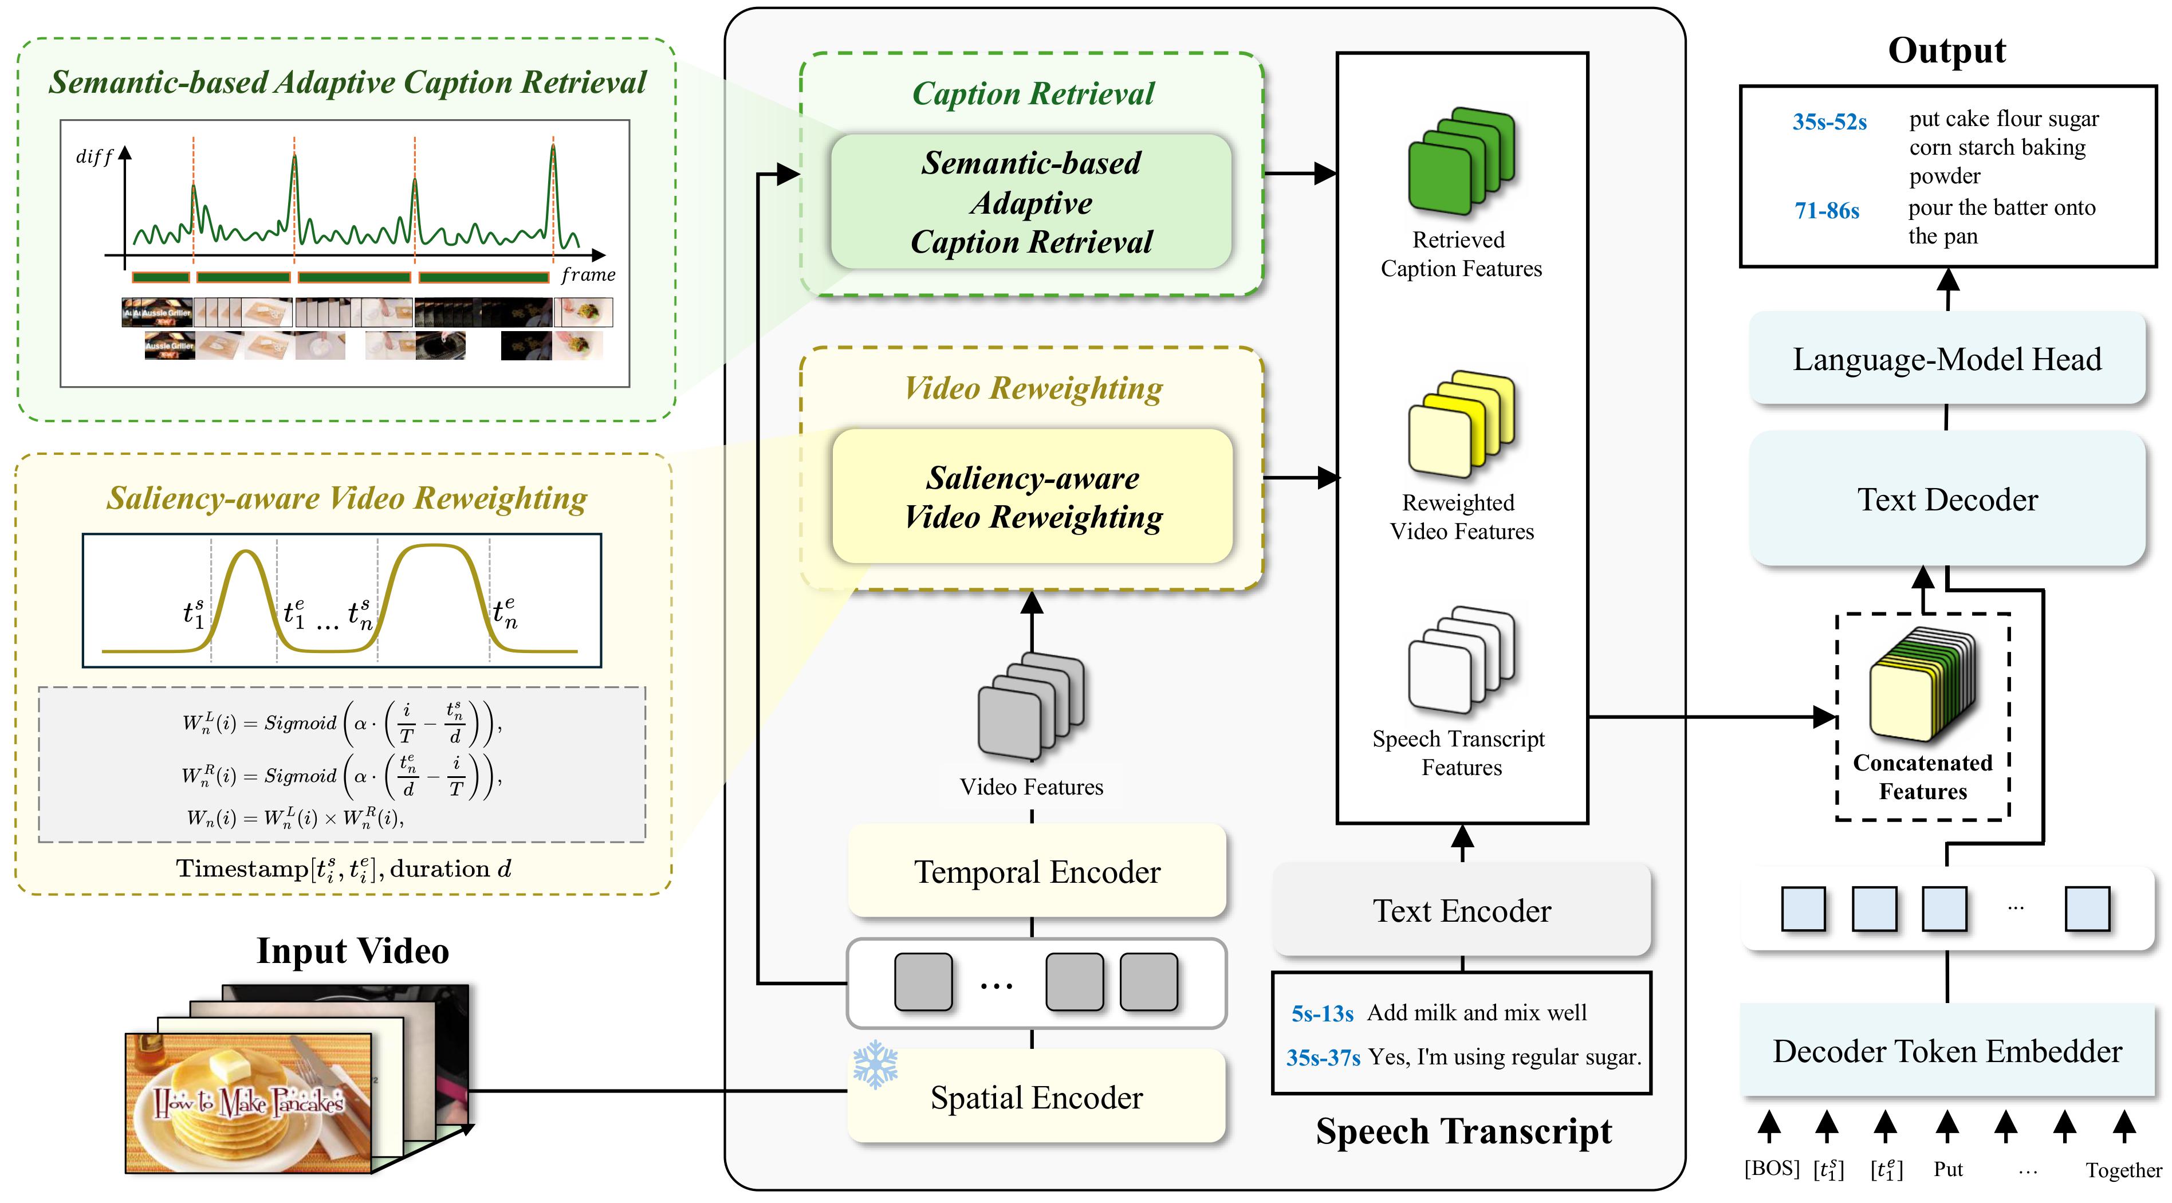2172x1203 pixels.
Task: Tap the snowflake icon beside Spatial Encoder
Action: click(x=875, y=1064)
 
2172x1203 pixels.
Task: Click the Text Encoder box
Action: click(x=1461, y=910)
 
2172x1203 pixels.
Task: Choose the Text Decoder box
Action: click(x=1947, y=499)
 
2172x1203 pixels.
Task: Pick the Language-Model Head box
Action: click(x=1947, y=359)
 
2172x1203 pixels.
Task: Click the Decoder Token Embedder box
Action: click(x=1947, y=1051)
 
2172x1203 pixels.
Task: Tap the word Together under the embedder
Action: click(x=2123, y=1170)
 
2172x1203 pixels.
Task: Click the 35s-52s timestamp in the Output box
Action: click(x=1829, y=122)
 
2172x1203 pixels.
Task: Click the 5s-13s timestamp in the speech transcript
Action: click(x=1322, y=1013)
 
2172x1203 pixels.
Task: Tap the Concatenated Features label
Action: click(x=1922, y=776)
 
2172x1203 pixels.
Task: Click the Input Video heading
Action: click(x=352, y=951)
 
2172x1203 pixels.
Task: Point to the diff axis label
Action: click(x=93, y=157)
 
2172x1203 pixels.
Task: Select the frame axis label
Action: click(x=588, y=275)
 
